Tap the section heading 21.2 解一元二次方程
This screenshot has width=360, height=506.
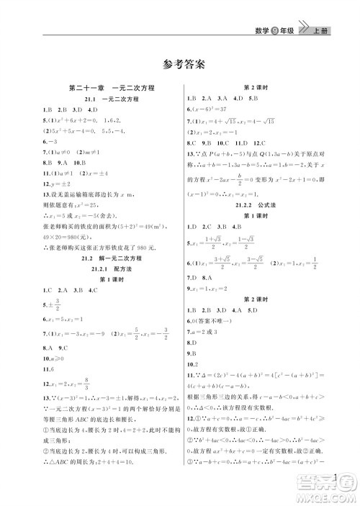coord(106,257)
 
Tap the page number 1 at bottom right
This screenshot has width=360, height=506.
coord(336,476)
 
